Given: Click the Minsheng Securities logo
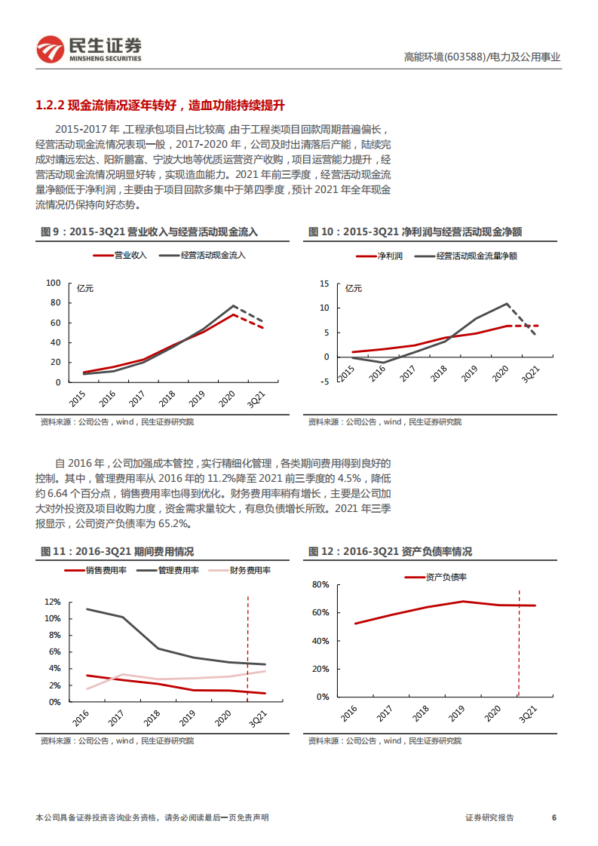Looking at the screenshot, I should (89, 49).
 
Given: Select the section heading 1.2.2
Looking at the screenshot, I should (160, 104).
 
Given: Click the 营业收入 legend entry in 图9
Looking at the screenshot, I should (121, 256).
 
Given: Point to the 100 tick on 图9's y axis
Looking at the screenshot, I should (53, 284).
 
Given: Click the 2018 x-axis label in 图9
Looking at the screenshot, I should (167, 397).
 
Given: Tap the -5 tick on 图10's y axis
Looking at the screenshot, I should (325, 382).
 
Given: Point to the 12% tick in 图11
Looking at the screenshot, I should (52, 602).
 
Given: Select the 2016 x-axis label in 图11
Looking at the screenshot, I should (79, 716).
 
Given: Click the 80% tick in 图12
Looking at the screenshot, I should (320, 584).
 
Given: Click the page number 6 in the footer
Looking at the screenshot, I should (554, 818).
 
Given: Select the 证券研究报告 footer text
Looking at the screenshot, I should (489, 818).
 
